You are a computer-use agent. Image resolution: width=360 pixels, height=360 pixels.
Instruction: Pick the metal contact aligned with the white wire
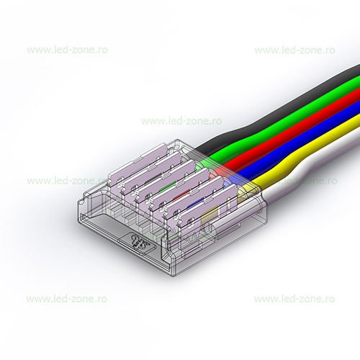click(x=207, y=207)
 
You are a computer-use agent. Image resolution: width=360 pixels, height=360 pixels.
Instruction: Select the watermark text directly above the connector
click(x=181, y=121)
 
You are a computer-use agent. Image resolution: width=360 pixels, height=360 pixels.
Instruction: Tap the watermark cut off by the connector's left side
click(x=65, y=181)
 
